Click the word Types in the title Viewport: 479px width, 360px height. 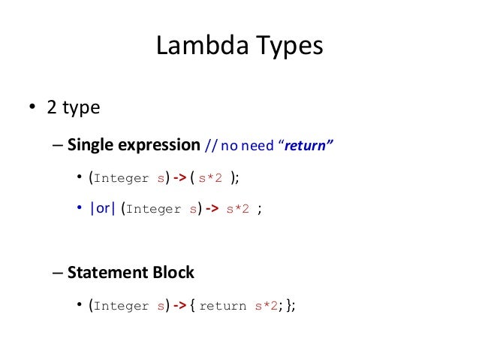click(288, 46)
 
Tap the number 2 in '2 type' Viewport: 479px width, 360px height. click(52, 107)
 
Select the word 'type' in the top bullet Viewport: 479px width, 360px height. click(80, 109)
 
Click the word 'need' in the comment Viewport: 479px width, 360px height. click(259, 145)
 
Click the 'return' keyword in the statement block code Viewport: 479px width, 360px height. click(224, 307)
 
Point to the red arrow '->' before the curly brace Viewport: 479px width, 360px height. click(181, 306)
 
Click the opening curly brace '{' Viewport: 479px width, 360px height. click(194, 306)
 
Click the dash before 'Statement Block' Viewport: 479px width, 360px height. click(58, 272)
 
